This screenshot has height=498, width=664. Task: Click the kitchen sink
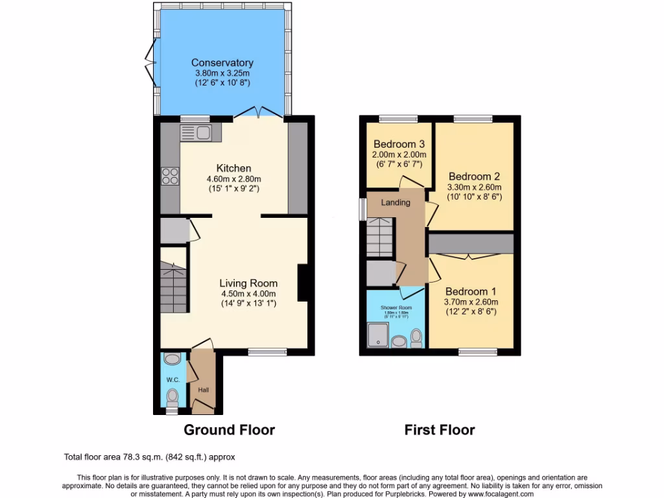tap(201, 133)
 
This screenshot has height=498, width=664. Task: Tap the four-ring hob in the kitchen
tap(170, 176)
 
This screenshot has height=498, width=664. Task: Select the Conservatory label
tap(222, 63)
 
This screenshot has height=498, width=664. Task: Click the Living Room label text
tap(248, 283)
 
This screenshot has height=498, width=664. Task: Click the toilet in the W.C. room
tap(172, 395)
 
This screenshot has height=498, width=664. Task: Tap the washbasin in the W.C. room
tap(172, 359)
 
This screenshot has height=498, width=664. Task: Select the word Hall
tap(204, 390)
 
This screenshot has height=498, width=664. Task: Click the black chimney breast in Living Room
tap(303, 283)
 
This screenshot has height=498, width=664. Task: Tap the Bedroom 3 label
tap(399, 144)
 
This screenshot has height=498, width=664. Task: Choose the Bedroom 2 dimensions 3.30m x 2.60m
tap(475, 187)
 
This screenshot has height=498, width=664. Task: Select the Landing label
tap(396, 202)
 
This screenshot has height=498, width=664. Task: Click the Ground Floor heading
tap(229, 430)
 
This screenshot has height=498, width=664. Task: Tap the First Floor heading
tap(440, 430)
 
